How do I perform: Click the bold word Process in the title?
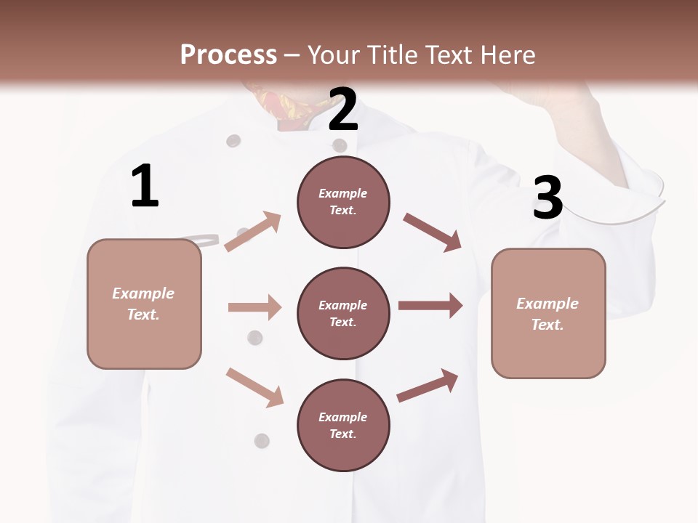pos(228,54)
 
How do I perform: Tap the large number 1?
pos(145,187)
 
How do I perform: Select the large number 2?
pos(343,109)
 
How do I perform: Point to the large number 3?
pos(547,198)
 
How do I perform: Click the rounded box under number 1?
pos(144,304)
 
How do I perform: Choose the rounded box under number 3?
pos(548,313)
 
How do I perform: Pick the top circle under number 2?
pos(343,201)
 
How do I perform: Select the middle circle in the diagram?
pos(343,313)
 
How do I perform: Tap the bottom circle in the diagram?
pos(343,425)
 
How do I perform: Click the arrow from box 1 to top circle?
pos(253,232)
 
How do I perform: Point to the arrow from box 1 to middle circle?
pos(254,307)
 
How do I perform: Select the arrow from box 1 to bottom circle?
pos(254,387)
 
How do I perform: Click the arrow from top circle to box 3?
pos(432,232)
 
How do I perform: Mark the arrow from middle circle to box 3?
pos(430,306)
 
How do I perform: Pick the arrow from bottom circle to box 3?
pos(428,386)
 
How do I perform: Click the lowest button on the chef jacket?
pos(262,440)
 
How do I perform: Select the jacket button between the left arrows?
pos(254,337)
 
